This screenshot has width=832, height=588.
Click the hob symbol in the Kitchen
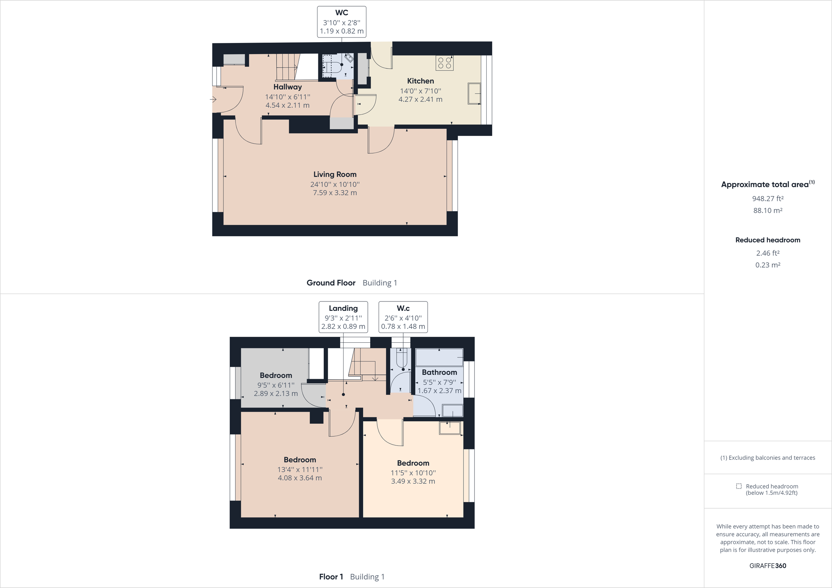coord(444,63)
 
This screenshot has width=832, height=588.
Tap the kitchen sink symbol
coord(474,94)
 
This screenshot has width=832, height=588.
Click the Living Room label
coord(335,174)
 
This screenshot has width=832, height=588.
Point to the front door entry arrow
coord(213,99)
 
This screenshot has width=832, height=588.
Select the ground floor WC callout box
coord(341,22)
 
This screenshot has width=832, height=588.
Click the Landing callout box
coord(343,317)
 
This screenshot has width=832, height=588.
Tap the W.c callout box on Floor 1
coord(403,317)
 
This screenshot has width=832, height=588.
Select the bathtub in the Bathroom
coord(439,358)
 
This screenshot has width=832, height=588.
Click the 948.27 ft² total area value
coord(768,199)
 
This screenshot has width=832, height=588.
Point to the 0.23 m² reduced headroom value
coord(768,265)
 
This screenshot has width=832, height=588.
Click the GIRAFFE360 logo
coord(768,565)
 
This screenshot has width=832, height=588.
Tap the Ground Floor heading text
coord(331,283)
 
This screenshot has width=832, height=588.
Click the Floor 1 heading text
coord(331,577)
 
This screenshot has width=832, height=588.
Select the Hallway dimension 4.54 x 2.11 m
coord(287,105)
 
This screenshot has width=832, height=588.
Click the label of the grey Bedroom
coord(276,375)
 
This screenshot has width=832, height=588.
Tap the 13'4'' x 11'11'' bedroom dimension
coord(300,469)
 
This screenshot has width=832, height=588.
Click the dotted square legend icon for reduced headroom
coord(738,486)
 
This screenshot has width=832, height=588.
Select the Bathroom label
coord(439,372)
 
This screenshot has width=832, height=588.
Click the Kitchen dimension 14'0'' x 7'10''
coord(421,91)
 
